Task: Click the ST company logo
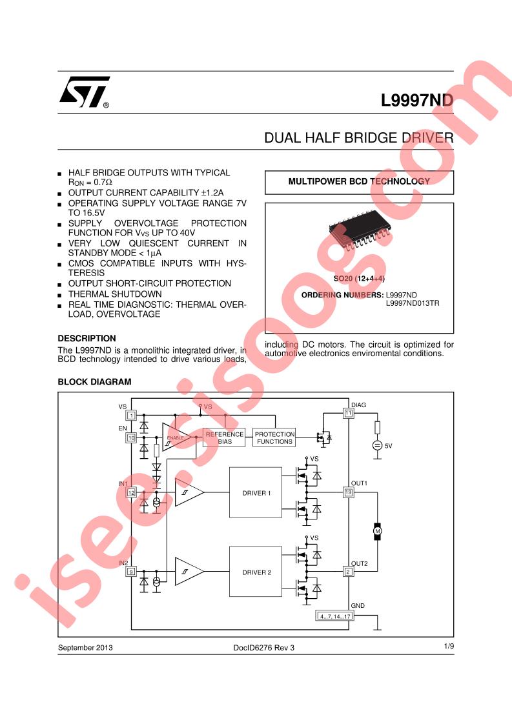[85, 92]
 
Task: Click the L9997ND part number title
[417, 100]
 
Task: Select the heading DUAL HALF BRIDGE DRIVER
[358, 137]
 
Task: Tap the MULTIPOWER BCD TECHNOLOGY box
[359, 182]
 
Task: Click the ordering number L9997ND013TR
[413, 303]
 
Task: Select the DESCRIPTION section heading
[87, 338]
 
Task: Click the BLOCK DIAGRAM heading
[95, 382]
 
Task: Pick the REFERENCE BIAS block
[225, 437]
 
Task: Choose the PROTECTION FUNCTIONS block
[274, 437]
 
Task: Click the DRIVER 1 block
[256, 493]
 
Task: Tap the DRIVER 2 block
[256, 572]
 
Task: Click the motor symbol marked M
[378, 532]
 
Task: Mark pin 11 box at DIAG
[349, 413]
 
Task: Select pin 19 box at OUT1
[349, 492]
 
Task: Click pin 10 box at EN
[131, 437]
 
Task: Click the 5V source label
[388, 446]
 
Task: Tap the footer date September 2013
[85, 647]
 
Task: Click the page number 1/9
[449, 647]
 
